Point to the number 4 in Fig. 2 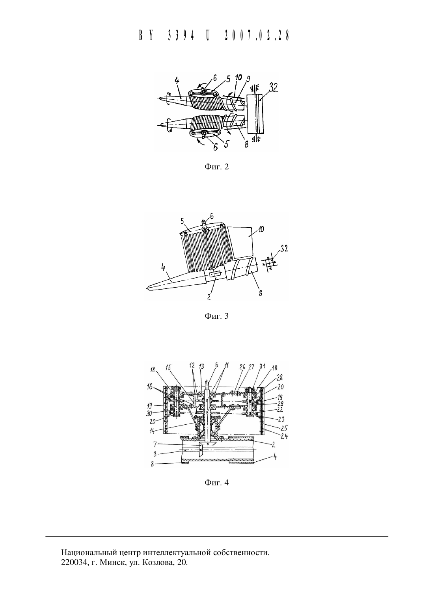click(177, 81)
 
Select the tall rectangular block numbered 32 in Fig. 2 click(255, 114)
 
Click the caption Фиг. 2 click(216, 167)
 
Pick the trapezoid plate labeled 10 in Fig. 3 click(240, 241)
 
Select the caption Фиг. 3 click(216, 316)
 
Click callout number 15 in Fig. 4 click(169, 367)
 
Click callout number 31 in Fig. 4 click(263, 366)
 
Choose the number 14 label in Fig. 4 click(152, 431)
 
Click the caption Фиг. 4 click(216, 483)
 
